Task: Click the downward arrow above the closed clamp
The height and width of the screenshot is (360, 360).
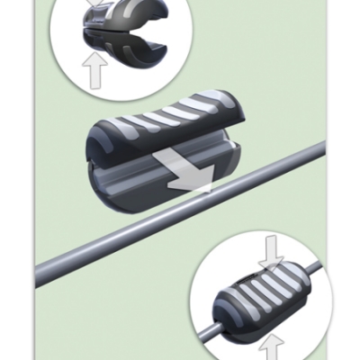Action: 269,257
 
